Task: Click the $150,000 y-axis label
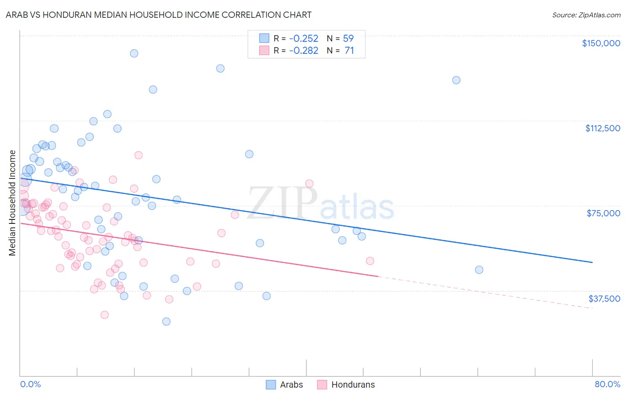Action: point(601,43)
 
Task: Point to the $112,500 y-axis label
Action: point(602,128)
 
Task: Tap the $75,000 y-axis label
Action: point(603,213)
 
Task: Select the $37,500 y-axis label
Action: point(604,298)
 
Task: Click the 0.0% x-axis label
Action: point(30,384)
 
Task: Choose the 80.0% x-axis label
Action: point(607,384)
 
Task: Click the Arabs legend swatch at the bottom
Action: point(271,385)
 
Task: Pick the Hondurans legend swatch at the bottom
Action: point(322,385)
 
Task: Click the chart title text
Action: point(159,15)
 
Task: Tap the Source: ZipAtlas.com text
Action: point(586,15)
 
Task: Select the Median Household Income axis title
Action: point(12,203)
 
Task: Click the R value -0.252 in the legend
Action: point(304,38)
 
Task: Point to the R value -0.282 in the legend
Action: point(304,51)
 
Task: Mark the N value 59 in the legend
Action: point(348,38)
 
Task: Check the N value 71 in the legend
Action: point(349,51)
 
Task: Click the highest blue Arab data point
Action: point(134,53)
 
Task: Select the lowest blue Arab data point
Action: point(167,321)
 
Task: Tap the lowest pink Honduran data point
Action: point(105,315)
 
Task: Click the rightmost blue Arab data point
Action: point(479,270)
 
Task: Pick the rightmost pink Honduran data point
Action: point(370,261)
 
